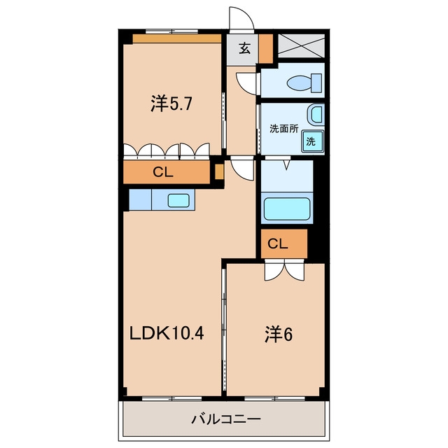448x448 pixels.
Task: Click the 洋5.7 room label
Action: pos(171,104)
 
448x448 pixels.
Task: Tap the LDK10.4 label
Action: pos(167,333)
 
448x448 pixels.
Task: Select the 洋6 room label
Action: pos(279,335)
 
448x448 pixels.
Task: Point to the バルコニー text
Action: pos(226,419)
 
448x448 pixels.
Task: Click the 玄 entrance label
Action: pos(244,48)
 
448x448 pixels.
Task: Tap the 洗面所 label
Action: pos(283,129)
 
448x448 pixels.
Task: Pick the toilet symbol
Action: pos(304,83)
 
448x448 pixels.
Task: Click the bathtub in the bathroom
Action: pos(287,209)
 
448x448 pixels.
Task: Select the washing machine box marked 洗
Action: pos(312,141)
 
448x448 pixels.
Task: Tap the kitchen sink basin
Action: pos(178,201)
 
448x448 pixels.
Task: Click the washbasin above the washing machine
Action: pos(316,114)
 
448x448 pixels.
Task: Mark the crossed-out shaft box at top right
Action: pos(302,45)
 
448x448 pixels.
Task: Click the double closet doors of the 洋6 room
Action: pos(285,271)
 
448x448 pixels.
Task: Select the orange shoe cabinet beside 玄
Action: pos(266,48)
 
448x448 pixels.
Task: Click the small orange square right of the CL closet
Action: pos(219,172)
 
